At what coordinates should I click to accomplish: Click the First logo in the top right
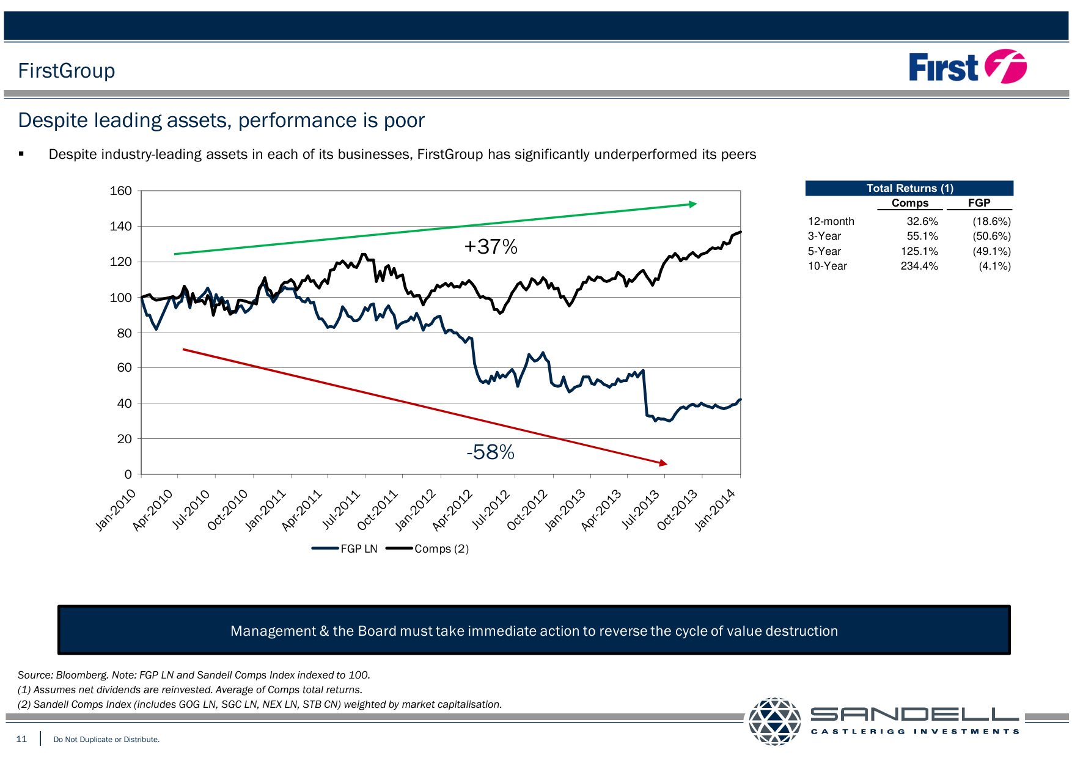(967, 67)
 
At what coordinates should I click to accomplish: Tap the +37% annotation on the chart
(491, 247)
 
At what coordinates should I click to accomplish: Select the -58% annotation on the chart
(490, 452)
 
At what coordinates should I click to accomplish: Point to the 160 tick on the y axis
(120, 191)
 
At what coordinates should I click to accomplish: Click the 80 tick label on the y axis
(124, 333)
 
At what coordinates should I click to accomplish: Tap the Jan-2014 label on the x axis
(716, 510)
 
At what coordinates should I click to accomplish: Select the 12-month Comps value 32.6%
(922, 221)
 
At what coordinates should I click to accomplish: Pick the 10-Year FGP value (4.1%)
(994, 266)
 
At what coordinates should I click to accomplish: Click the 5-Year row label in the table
(824, 251)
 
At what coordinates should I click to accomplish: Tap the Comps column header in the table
(909, 203)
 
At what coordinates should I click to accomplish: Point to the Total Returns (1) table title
(909, 188)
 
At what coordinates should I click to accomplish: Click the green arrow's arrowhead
(693, 204)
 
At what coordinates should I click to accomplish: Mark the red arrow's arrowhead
(664, 463)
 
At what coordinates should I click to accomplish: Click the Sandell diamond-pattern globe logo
(774, 721)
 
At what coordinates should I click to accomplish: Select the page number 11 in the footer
(21, 739)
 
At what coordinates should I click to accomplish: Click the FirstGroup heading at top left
(67, 71)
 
